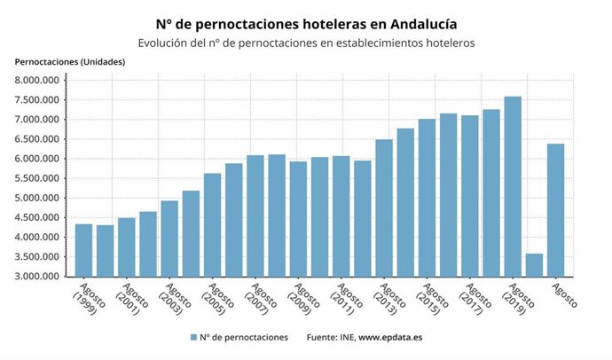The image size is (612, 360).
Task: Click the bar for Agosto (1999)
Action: (x=83, y=250)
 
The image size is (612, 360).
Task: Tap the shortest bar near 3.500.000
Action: (x=534, y=265)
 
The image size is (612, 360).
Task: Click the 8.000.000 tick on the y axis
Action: (x=36, y=80)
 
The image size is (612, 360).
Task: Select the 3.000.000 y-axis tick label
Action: (x=36, y=277)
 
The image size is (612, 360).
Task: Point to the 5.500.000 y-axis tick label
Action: (x=36, y=178)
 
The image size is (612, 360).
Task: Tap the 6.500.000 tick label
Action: (x=36, y=139)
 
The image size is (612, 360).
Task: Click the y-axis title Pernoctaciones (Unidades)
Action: (x=70, y=61)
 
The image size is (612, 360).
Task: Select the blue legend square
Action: (x=192, y=338)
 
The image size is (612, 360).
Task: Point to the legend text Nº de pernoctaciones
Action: (x=244, y=338)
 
